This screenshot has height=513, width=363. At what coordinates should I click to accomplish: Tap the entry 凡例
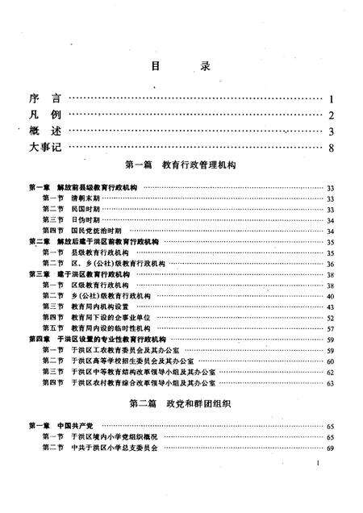click(42, 115)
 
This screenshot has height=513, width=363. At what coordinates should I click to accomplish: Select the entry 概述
click(42, 131)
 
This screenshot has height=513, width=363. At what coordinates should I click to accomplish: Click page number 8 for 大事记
click(332, 148)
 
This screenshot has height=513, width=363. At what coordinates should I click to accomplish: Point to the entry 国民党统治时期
click(94, 231)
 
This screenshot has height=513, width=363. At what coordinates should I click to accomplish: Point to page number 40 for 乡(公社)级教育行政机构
click(330, 296)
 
